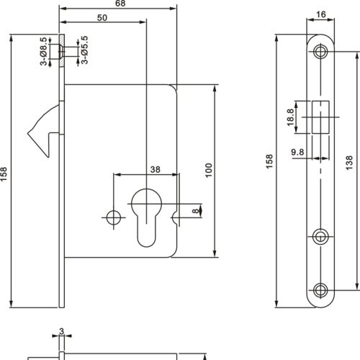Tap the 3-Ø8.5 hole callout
tap(44, 53)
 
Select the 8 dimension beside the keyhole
tap(194, 211)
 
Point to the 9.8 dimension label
tap(297, 153)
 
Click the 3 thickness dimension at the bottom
tap(62, 332)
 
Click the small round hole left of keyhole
tap(113, 217)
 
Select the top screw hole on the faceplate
tap(320, 52)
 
